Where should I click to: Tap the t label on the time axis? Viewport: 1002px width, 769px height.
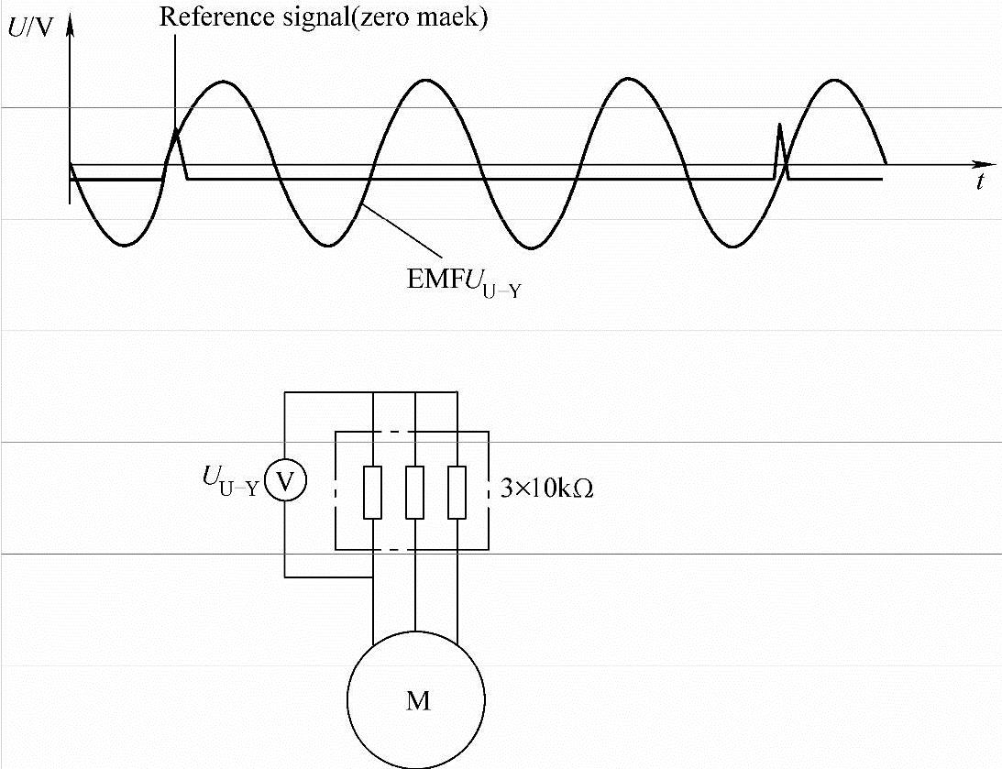click(979, 181)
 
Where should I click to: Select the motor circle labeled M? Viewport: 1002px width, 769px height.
click(416, 698)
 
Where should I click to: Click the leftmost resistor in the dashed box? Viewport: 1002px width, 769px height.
click(372, 492)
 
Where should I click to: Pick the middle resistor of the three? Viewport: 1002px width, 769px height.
click(415, 492)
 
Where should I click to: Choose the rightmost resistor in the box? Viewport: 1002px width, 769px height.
click(457, 492)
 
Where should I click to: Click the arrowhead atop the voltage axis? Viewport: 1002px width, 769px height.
click(70, 18)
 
